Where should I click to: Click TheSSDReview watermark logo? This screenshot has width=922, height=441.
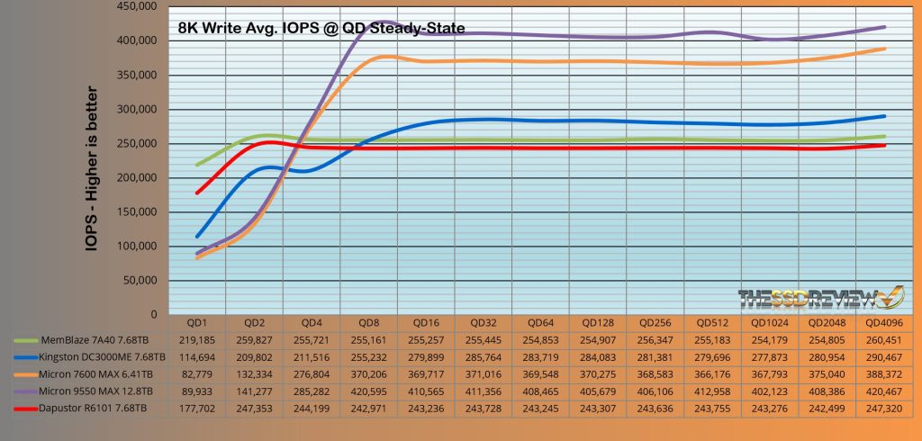click(820, 297)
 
